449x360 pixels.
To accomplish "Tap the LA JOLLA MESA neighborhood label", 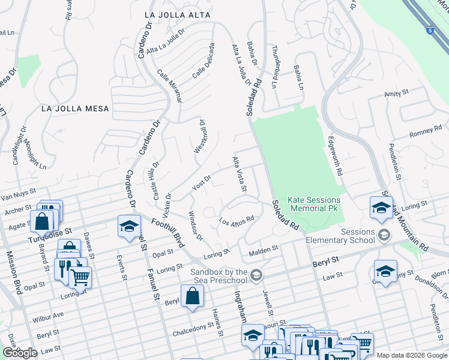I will pos(76,109).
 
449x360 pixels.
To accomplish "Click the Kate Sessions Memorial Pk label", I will pos(314,204).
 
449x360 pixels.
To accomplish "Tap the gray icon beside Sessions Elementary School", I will pos(384,236).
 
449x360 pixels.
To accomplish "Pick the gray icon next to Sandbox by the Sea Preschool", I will pos(256,275).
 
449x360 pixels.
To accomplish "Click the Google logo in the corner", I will pos(19,353).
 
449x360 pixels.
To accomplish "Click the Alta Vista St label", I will pos(240,174).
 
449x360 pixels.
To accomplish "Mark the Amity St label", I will pos(396,94).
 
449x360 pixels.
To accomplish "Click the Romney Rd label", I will pos(425,131).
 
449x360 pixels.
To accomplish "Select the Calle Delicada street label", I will pos(203,61).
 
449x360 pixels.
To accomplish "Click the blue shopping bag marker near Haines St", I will pos(192,296).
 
